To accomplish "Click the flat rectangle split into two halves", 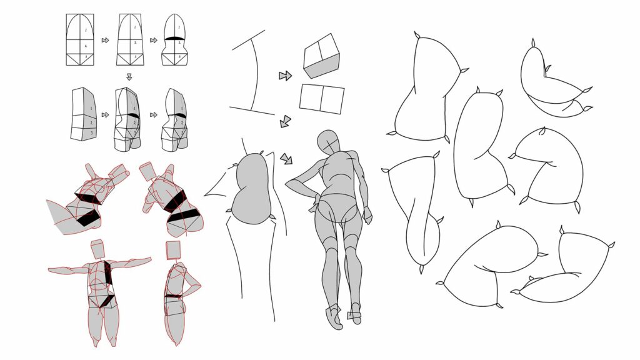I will [x=322, y=99].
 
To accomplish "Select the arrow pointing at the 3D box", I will [x=285, y=76].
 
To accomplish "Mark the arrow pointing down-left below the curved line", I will [x=285, y=121].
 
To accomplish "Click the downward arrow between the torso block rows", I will [x=129, y=77].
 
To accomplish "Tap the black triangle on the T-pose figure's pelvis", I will [x=107, y=301].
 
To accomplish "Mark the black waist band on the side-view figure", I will [x=174, y=295].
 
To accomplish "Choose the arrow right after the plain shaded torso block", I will [x=105, y=115].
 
